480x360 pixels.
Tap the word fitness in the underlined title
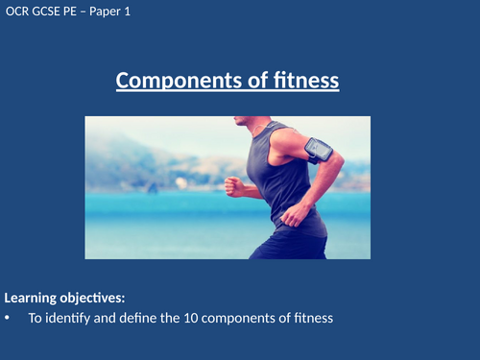pos(302,82)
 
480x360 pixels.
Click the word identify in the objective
pos(71,319)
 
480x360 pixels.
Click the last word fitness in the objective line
pos(312,319)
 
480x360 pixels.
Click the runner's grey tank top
pos(283,182)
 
